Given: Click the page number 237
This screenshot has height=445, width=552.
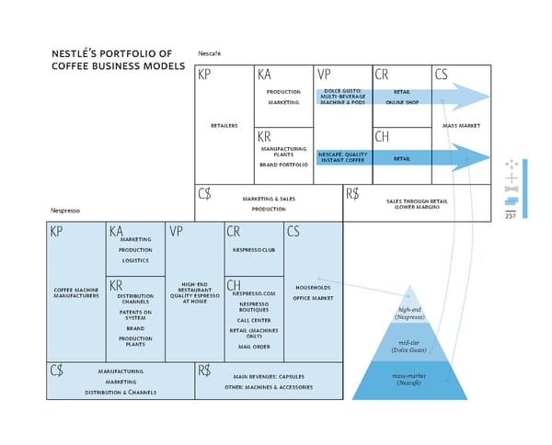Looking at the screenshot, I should point(510,215).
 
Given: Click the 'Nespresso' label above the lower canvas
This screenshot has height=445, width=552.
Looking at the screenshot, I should point(65,211).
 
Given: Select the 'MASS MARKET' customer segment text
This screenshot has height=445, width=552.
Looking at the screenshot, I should point(461,125).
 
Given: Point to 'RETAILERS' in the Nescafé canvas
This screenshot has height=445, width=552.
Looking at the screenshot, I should point(224,125).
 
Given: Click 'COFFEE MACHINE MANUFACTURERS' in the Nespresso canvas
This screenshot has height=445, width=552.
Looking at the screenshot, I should point(76,292).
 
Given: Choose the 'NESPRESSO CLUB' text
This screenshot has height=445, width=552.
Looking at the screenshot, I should point(254,250).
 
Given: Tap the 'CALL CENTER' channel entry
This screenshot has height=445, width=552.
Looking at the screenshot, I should point(254,320).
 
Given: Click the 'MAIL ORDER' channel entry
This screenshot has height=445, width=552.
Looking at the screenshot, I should point(254,347).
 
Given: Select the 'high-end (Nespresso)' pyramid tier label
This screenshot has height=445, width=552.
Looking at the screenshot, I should point(409,313).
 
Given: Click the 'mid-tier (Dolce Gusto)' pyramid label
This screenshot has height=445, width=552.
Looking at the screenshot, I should point(409,346).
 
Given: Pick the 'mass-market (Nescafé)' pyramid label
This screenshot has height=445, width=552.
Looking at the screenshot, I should point(409,378).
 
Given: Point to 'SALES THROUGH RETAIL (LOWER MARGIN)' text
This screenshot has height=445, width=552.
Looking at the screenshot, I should point(417,203).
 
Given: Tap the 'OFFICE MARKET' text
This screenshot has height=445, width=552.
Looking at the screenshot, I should point(313,298).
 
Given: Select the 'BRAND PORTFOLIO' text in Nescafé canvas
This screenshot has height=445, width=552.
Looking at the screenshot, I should point(283,164).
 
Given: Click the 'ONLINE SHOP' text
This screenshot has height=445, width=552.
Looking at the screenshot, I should point(402,102).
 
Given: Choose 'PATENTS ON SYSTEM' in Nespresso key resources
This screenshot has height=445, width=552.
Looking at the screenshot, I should point(135,315).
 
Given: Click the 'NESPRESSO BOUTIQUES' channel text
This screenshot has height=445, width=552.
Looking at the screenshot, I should point(254,307).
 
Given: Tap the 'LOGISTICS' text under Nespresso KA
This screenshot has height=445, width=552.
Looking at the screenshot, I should point(135,260).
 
